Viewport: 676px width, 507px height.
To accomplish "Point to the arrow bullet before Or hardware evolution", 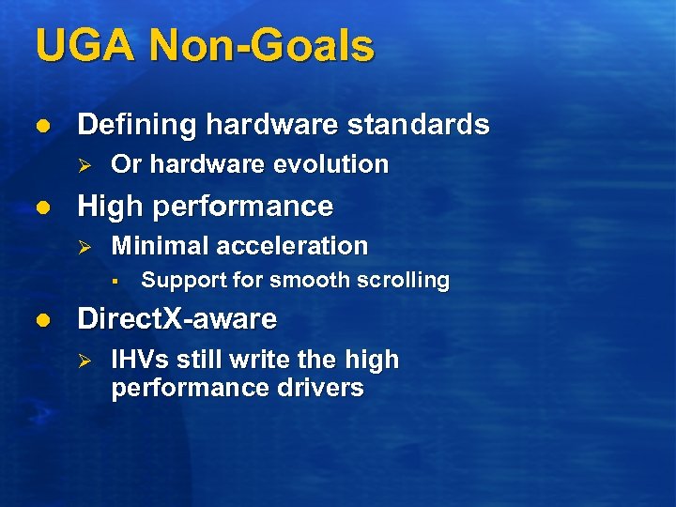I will pyautogui.click(x=82, y=164).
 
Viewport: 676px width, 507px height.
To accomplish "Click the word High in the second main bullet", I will pyautogui.click(x=107, y=207).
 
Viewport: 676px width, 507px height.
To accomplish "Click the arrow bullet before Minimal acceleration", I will pyautogui.click(x=82, y=246).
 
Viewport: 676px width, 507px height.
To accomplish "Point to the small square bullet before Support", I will pyautogui.click(x=112, y=281).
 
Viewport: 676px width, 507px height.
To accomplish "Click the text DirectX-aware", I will pyautogui.click(x=177, y=319).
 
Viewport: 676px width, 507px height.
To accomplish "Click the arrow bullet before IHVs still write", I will pyautogui.click(x=82, y=361).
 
